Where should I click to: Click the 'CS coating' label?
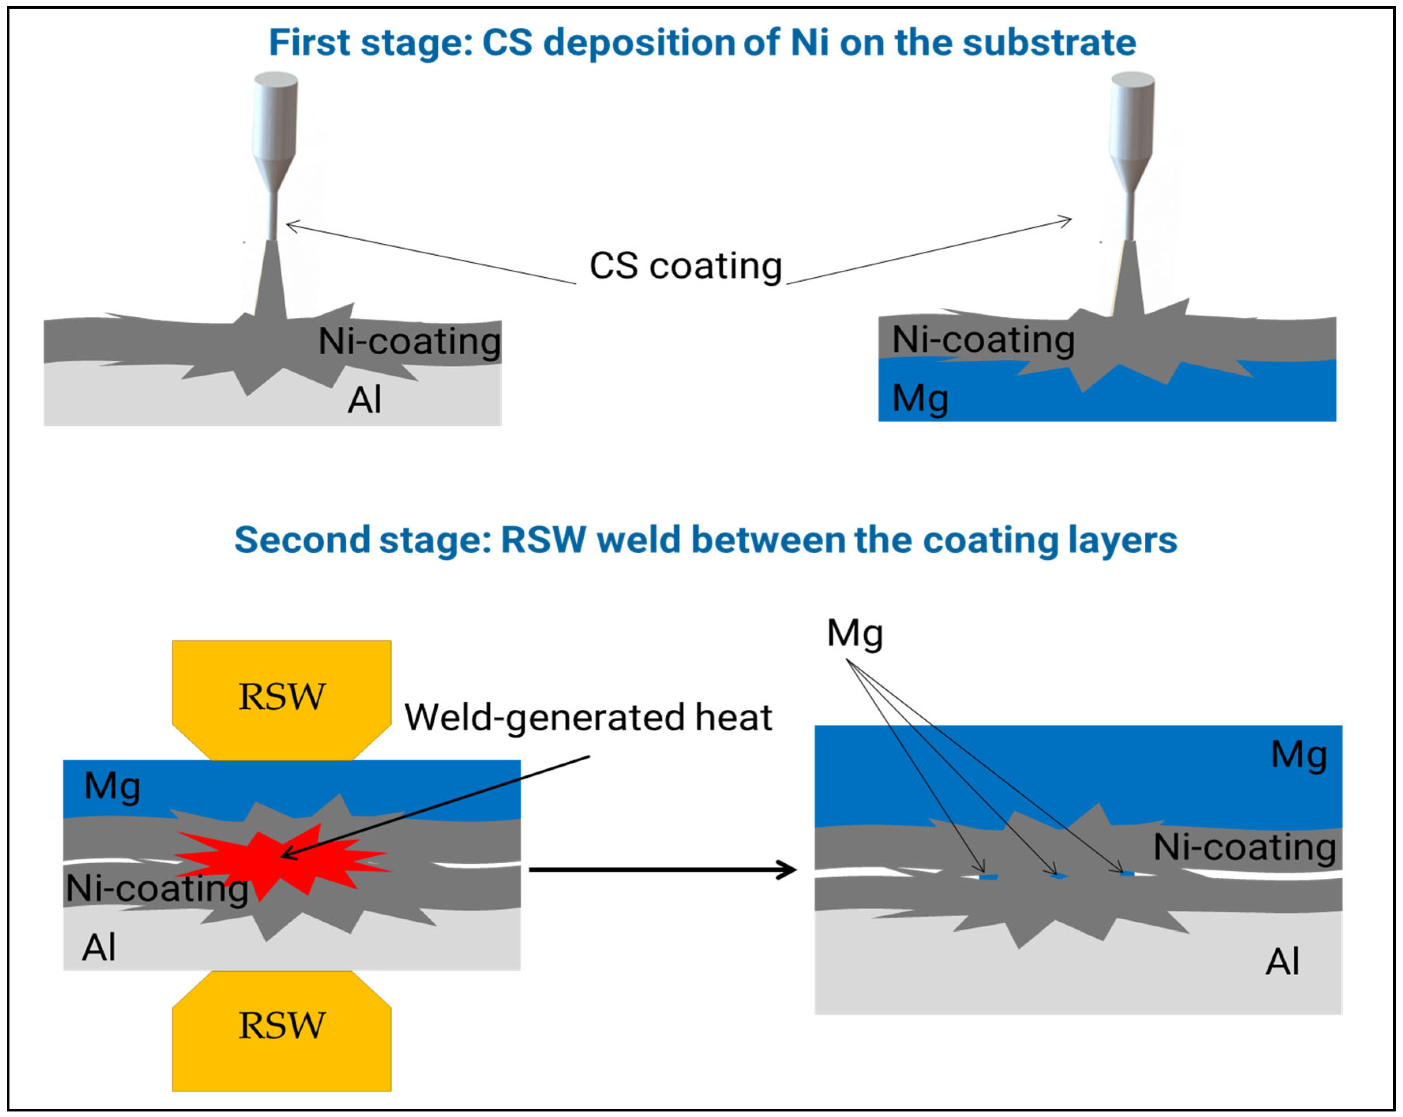[x=685, y=267]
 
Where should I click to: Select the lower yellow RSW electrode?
[x=282, y=1031]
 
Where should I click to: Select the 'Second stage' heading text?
[x=705, y=540]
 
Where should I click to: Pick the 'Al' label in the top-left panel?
[x=364, y=399]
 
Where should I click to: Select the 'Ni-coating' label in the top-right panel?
[x=983, y=340]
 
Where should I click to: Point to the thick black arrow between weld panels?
[x=663, y=869]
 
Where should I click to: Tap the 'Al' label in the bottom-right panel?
[x=1282, y=962]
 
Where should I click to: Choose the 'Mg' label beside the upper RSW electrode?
[x=112, y=786]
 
